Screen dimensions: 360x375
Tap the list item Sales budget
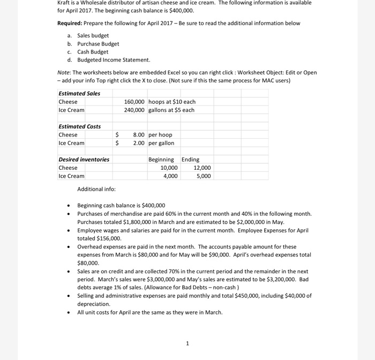coord(93,35)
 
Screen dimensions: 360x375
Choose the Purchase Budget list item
coord(98,44)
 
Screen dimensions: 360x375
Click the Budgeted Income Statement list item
coord(114,60)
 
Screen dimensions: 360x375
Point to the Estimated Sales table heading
coord(79,93)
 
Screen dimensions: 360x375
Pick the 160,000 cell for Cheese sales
coord(134,102)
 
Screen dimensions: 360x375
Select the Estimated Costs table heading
coord(79,126)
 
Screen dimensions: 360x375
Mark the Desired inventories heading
coord(84,160)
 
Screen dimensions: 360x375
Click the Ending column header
coord(190,160)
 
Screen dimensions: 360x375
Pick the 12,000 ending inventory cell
coord(202,168)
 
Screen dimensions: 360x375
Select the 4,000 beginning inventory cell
coord(169,176)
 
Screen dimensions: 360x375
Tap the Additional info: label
coord(96,189)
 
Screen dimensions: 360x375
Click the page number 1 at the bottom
coord(187,343)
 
